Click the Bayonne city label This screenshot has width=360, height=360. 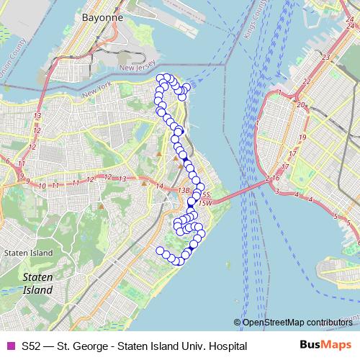coord(102,16)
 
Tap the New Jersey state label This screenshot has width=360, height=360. coord(138,68)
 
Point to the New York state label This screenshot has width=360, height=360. coord(98,94)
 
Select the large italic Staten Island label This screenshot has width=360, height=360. coord(37,283)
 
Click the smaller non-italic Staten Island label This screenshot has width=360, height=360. coord(28,253)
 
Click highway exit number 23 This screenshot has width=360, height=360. coord(326,58)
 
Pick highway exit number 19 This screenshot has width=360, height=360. coord(302,137)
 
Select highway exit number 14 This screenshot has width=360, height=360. coord(159,186)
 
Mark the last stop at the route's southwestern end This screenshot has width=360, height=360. coord(160,250)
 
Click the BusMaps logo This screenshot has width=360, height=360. coord(325,346)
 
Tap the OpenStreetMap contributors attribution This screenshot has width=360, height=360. coord(297,323)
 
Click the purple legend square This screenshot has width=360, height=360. coord(10,346)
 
